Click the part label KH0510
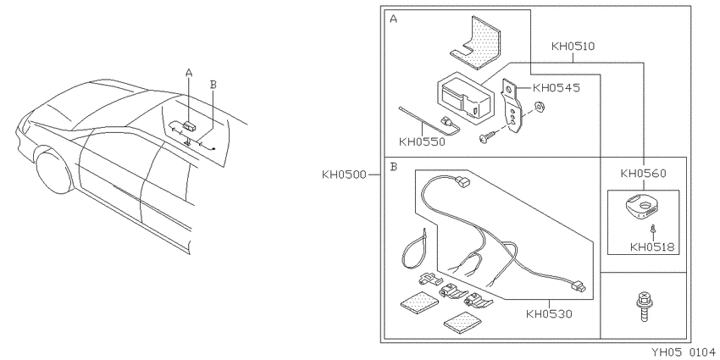point(573,46)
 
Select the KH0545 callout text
point(556,88)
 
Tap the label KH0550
point(422,142)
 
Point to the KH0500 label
point(344,174)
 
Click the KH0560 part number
point(643,173)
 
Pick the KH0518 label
point(652,247)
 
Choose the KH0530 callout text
point(549,314)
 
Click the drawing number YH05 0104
point(684,352)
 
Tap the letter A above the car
point(189,72)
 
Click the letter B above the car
point(213,84)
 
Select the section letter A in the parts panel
point(394,19)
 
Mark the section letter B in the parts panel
point(394,166)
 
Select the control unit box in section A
point(465,98)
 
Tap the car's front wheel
point(55,170)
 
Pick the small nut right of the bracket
point(539,108)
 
